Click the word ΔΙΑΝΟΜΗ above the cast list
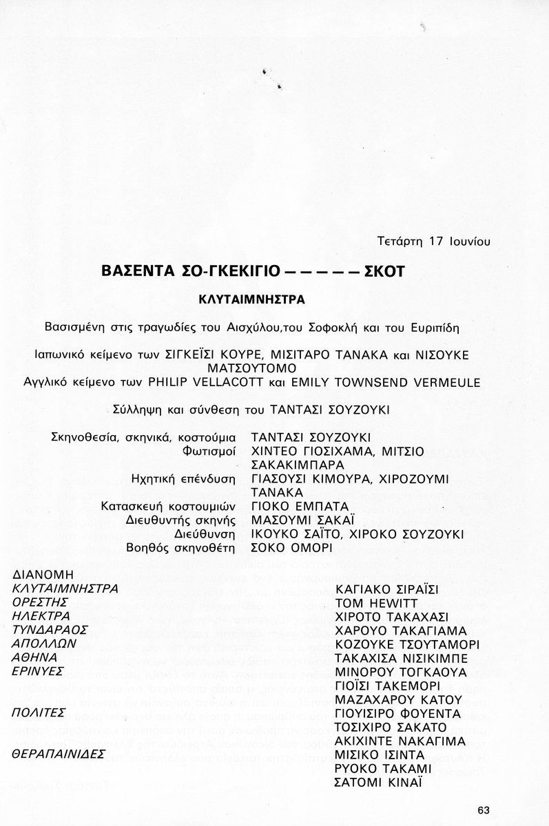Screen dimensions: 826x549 click(43, 575)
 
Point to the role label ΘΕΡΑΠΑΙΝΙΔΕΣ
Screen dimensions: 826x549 click(59, 754)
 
